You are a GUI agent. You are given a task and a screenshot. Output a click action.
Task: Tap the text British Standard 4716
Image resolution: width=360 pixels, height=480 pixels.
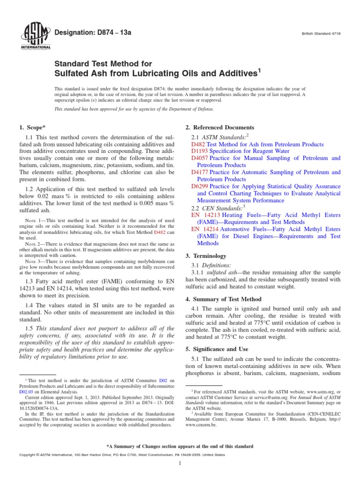[x=320, y=33]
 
